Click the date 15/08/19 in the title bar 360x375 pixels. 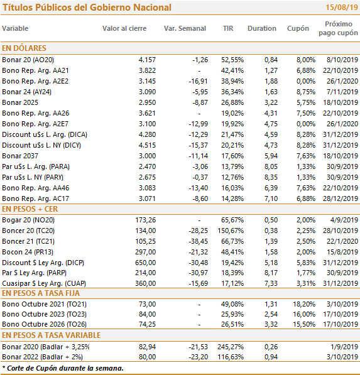(x=342, y=8)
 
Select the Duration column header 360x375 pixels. (x=262, y=28)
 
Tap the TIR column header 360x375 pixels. (x=228, y=28)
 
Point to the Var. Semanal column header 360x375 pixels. (x=185, y=28)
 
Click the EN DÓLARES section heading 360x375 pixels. (x=24, y=48)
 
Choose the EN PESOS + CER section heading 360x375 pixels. (x=30, y=209)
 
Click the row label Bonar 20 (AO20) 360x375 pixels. (x=28, y=60)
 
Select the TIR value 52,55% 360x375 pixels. (x=232, y=60)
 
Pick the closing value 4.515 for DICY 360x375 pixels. (x=147, y=145)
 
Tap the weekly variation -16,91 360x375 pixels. (x=199, y=81)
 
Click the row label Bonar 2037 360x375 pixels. (x=20, y=156)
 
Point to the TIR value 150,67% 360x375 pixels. (x=231, y=231)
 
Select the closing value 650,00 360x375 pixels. (x=145, y=263)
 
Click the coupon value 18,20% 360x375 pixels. (x=304, y=304)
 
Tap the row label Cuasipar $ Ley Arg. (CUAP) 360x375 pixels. (x=44, y=283)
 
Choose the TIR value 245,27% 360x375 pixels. (x=231, y=347)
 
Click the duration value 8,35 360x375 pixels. (x=271, y=177)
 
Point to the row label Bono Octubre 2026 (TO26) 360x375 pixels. (x=44, y=324)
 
